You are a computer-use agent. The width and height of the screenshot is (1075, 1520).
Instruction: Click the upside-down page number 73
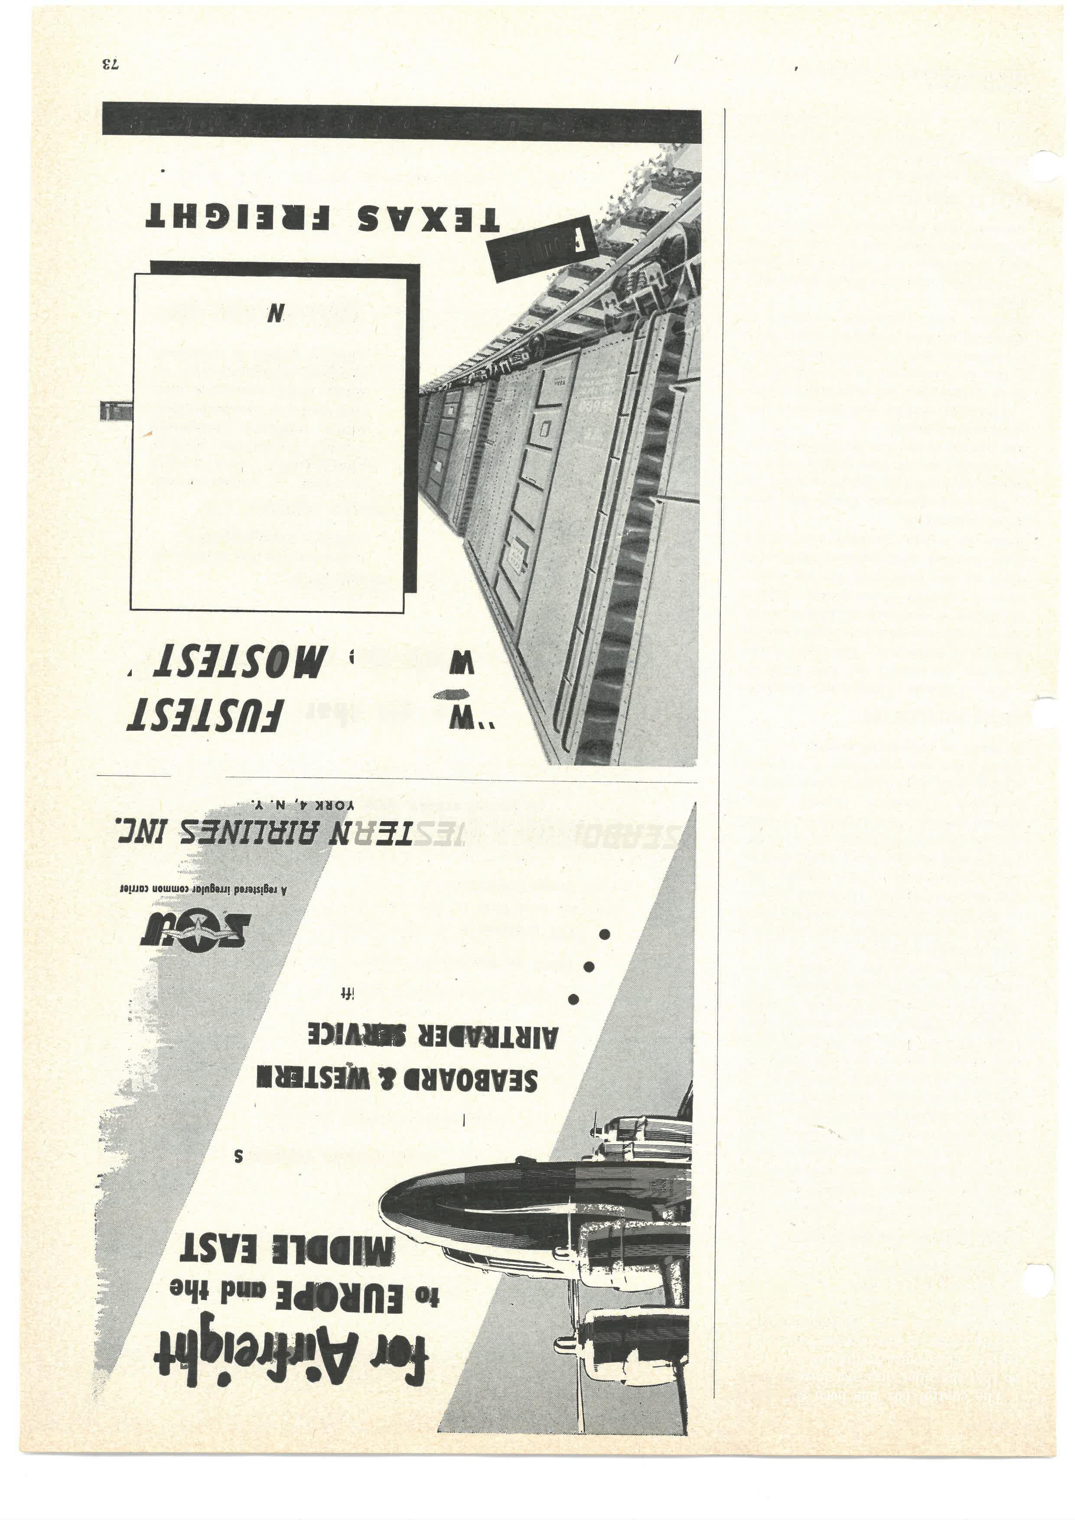(109, 65)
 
